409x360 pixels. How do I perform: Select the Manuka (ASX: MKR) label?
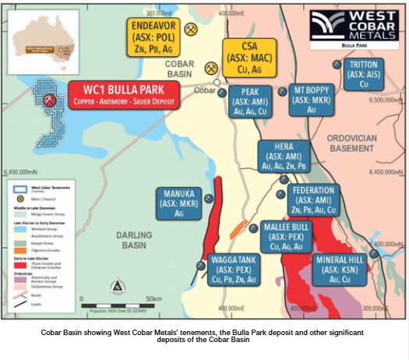coord(180,203)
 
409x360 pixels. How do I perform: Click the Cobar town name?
coord(204,89)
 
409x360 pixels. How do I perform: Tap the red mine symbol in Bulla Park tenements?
coord(48,101)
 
